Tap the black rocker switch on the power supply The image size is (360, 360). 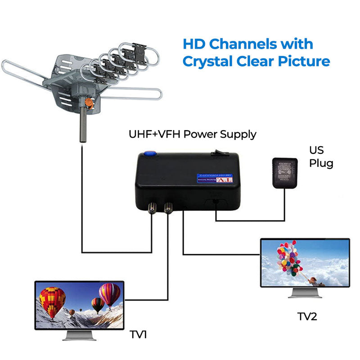click(x=219, y=154)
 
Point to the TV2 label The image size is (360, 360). click(x=307, y=316)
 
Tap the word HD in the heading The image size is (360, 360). click(x=194, y=44)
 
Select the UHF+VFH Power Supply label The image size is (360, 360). click(x=192, y=134)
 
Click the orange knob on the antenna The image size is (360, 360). click(x=89, y=103)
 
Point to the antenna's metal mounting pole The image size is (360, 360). click(x=83, y=126)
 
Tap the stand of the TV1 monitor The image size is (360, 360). click(x=79, y=334)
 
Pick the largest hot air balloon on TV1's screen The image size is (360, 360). click(x=53, y=301)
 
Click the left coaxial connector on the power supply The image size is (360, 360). click(x=152, y=207)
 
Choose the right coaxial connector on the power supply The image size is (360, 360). click(x=169, y=207)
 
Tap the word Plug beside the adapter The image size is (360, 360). click(x=321, y=163)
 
